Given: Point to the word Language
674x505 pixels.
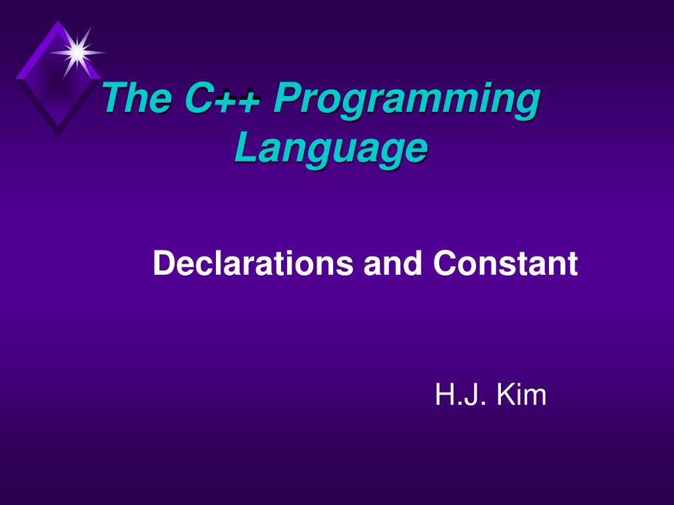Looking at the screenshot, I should coord(330,150).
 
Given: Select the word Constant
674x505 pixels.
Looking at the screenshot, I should coord(505,264).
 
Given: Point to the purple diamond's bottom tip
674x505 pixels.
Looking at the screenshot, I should coord(58,135).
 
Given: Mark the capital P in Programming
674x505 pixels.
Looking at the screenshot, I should coord(287,100).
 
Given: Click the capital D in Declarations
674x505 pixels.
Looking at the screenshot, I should coord(163,264).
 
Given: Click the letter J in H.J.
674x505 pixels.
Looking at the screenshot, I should coord(468,396).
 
